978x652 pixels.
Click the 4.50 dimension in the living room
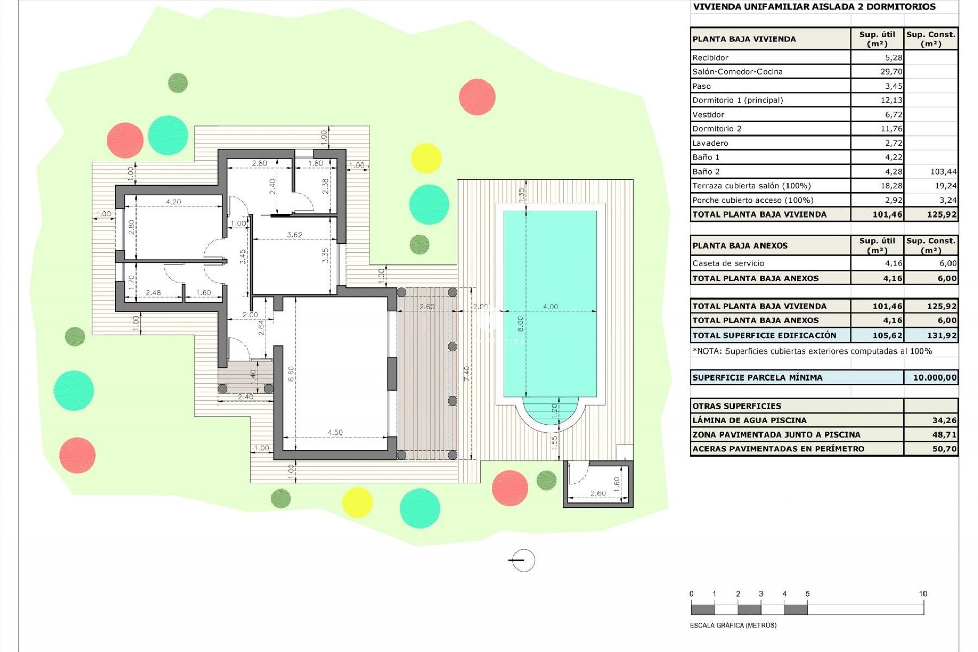tap(335, 432)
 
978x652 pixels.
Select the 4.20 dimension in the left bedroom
tap(173, 202)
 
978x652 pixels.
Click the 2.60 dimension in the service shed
tap(598, 493)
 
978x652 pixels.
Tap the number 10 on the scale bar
tap(923, 594)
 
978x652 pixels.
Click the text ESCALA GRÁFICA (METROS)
tap(733, 626)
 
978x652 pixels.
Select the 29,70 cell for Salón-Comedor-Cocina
tap(891, 72)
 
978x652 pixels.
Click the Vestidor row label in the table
tap(708, 115)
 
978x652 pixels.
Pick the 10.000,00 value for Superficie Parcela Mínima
tap(934, 377)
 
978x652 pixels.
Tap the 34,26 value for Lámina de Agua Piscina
tap(943, 420)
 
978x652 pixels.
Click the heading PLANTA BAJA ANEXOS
tap(740, 246)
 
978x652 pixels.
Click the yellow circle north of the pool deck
tap(426, 158)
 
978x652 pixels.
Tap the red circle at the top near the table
tap(477, 97)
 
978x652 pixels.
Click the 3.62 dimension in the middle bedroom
tap(294, 235)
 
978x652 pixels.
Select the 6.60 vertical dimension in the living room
tap(291, 374)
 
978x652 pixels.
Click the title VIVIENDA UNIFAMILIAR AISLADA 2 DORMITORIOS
tap(814, 7)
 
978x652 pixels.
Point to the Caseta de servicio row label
tap(728, 263)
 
